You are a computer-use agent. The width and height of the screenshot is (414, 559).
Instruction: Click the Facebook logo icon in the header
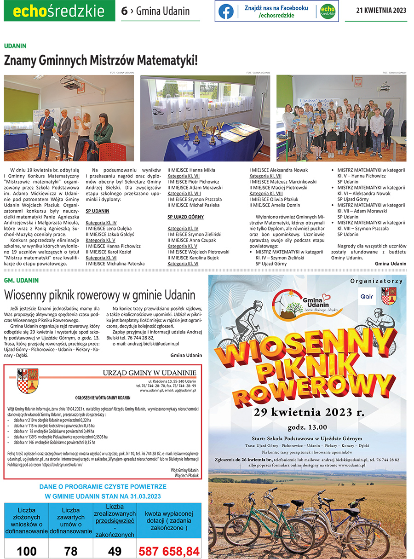click(226, 12)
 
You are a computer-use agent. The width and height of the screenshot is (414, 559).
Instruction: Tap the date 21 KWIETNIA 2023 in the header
click(381, 11)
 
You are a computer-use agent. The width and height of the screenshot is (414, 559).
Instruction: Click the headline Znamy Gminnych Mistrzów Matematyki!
click(101, 60)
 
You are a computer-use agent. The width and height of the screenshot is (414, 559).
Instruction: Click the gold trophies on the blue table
click(202, 131)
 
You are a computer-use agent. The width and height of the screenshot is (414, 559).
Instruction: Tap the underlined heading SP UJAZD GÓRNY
click(185, 217)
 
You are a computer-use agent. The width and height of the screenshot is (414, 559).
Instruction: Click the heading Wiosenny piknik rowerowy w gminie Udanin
click(100, 295)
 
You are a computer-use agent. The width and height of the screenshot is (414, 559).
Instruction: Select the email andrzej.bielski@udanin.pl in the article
click(146, 344)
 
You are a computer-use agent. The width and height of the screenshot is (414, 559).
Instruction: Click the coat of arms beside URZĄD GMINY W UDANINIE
click(27, 380)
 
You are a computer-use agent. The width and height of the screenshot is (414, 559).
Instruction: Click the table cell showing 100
click(27, 551)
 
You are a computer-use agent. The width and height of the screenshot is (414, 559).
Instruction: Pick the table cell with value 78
click(71, 551)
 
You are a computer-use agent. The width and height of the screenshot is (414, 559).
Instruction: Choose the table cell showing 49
click(115, 551)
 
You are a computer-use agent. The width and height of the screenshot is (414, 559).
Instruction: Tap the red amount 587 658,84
click(169, 551)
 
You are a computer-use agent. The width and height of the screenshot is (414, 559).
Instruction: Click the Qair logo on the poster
click(367, 296)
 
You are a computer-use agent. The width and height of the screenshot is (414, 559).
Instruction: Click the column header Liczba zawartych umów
click(71, 521)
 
